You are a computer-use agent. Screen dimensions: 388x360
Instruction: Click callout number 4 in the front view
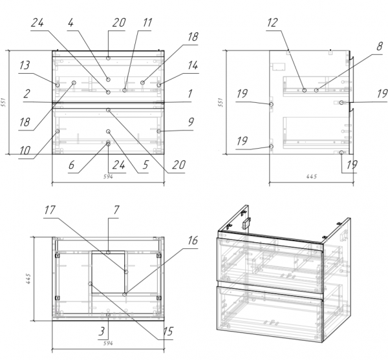click(x=70, y=23)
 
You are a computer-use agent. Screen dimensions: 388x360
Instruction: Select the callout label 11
click(x=147, y=23)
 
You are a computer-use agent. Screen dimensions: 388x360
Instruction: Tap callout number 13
click(x=25, y=65)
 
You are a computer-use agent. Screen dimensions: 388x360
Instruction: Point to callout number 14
click(x=193, y=65)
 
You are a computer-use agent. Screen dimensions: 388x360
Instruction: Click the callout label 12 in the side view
click(x=272, y=23)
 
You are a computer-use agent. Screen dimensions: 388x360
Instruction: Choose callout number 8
click(x=380, y=47)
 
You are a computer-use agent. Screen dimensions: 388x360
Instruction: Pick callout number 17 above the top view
click(x=50, y=210)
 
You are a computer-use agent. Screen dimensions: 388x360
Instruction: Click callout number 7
click(x=116, y=210)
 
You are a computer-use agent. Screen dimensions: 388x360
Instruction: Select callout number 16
click(x=193, y=240)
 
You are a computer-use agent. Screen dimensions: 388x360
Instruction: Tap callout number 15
click(x=168, y=332)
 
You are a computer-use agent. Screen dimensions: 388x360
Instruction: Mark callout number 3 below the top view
click(x=102, y=332)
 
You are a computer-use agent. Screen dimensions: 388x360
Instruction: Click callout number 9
click(x=191, y=122)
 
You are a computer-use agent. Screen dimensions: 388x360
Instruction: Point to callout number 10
click(x=25, y=150)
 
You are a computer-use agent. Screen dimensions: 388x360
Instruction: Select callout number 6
click(x=71, y=165)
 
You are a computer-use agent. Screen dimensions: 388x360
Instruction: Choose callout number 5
click(x=145, y=165)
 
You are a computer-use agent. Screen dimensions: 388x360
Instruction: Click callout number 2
click(x=27, y=94)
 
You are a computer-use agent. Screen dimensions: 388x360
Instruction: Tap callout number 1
click(x=190, y=94)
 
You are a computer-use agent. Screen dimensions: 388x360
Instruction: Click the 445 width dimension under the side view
click(x=312, y=176)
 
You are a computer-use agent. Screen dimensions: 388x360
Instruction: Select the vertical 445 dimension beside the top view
click(x=28, y=279)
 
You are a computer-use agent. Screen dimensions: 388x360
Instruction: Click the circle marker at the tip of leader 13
click(x=58, y=85)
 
